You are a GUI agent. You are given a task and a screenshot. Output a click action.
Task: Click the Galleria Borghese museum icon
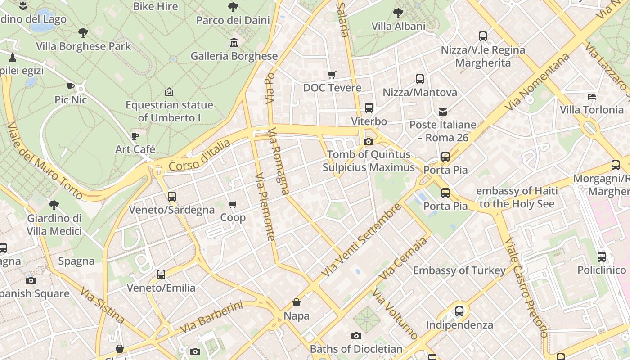234,43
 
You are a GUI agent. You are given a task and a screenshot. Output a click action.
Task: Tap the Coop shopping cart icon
233,205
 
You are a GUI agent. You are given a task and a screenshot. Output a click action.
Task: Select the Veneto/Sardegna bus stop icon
171,197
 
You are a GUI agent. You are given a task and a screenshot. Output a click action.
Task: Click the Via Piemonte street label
265,207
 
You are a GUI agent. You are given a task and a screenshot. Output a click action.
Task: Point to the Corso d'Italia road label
200,156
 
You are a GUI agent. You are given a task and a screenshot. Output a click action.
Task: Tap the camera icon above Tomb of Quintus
368,142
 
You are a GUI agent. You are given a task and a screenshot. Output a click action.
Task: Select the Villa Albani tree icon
398,13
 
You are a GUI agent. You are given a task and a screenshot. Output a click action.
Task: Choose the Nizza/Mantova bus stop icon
420,79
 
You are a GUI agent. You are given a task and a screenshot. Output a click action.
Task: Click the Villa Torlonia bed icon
592,96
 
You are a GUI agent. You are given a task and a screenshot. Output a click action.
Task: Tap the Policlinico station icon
602,257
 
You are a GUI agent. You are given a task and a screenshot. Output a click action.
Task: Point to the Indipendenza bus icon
459,311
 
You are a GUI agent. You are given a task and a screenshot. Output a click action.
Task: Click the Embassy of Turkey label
459,270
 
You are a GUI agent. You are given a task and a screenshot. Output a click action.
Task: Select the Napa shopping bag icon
296,302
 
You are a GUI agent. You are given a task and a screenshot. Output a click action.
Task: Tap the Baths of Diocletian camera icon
356,336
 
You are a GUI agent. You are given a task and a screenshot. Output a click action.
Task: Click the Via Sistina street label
103,305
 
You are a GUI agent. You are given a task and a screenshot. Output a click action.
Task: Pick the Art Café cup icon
135,136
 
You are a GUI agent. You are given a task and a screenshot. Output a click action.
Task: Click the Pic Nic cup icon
71,86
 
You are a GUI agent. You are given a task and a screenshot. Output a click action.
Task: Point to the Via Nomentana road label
537,81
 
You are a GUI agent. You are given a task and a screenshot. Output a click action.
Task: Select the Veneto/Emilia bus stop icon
161,274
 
